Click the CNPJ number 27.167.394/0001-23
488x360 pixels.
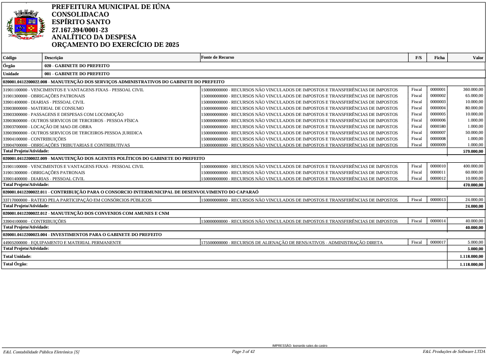(79, 30)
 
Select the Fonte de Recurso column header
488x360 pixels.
(217, 57)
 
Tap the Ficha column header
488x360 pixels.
(439, 58)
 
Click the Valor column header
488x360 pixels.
(478, 58)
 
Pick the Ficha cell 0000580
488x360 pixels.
(438, 126)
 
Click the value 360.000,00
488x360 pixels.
(473, 89)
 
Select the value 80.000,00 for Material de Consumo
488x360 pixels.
(474, 108)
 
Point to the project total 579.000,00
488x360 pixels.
(473, 151)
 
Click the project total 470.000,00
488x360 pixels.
(473, 185)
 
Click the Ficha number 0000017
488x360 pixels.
(438, 242)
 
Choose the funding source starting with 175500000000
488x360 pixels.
(292, 243)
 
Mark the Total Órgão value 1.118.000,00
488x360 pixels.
(471, 264)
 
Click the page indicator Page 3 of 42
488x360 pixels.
(244, 351)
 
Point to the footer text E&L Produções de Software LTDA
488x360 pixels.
(453, 351)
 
